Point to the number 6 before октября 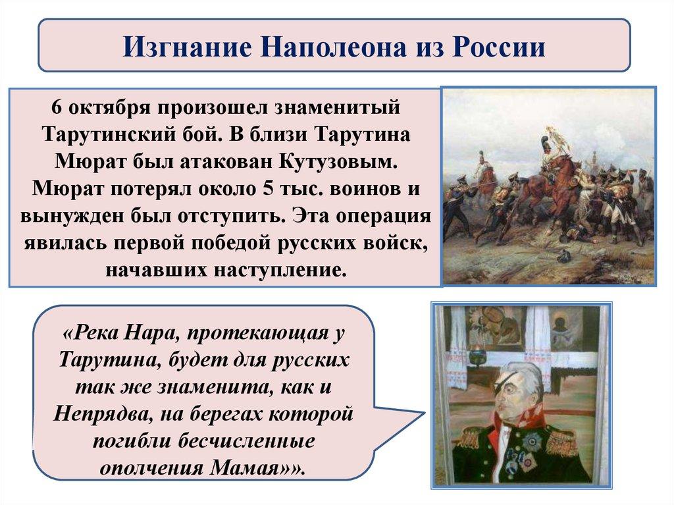coord(57,107)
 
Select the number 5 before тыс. coord(269,189)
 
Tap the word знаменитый coord(337,107)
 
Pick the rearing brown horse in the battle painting coord(554,180)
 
